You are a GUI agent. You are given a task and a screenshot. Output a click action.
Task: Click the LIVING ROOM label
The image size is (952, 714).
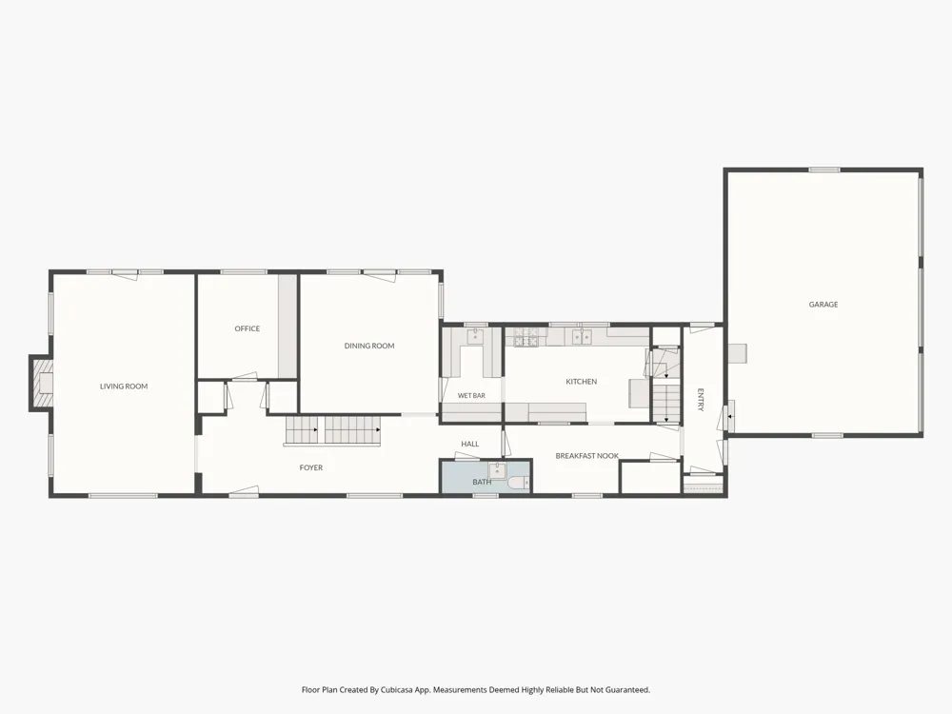[x=124, y=387]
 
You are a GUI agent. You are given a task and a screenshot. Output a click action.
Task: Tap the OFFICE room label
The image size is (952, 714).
[x=248, y=328]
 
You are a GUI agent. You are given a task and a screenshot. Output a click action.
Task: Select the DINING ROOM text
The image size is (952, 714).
[x=369, y=346]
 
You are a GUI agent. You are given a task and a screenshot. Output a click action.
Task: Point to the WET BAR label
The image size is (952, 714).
[x=471, y=396]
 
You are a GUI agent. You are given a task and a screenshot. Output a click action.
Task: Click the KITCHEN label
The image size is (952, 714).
[x=581, y=382]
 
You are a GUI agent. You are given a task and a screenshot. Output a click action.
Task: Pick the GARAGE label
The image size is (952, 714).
[x=823, y=305]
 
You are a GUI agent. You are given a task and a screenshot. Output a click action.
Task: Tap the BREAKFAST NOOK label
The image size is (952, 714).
[x=587, y=456]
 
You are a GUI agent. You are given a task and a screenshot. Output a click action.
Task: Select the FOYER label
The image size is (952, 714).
[x=311, y=467]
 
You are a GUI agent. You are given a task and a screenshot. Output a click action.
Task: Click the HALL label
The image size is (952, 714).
[x=470, y=444]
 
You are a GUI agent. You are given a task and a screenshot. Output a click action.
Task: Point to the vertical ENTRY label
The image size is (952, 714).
[x=700, y=400]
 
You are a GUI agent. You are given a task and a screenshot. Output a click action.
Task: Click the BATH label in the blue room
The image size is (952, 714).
[x=482, y=482]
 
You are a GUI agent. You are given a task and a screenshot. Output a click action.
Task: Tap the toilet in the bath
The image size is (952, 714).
[x=519, y=484]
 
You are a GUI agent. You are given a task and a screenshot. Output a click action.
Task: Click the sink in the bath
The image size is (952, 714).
[x=497, y=470]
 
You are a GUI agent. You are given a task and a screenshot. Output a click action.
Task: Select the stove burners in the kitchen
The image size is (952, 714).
[x=526, y=338]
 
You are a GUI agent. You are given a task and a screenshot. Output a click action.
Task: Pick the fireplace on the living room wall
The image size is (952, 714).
[x=41, y=384]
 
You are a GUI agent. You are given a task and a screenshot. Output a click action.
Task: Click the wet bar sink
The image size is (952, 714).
[x=474, y=336]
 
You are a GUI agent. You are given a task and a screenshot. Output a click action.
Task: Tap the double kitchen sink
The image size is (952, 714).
[x=582, y=336]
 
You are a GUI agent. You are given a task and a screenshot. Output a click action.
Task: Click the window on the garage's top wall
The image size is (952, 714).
[x=824, y=170]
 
